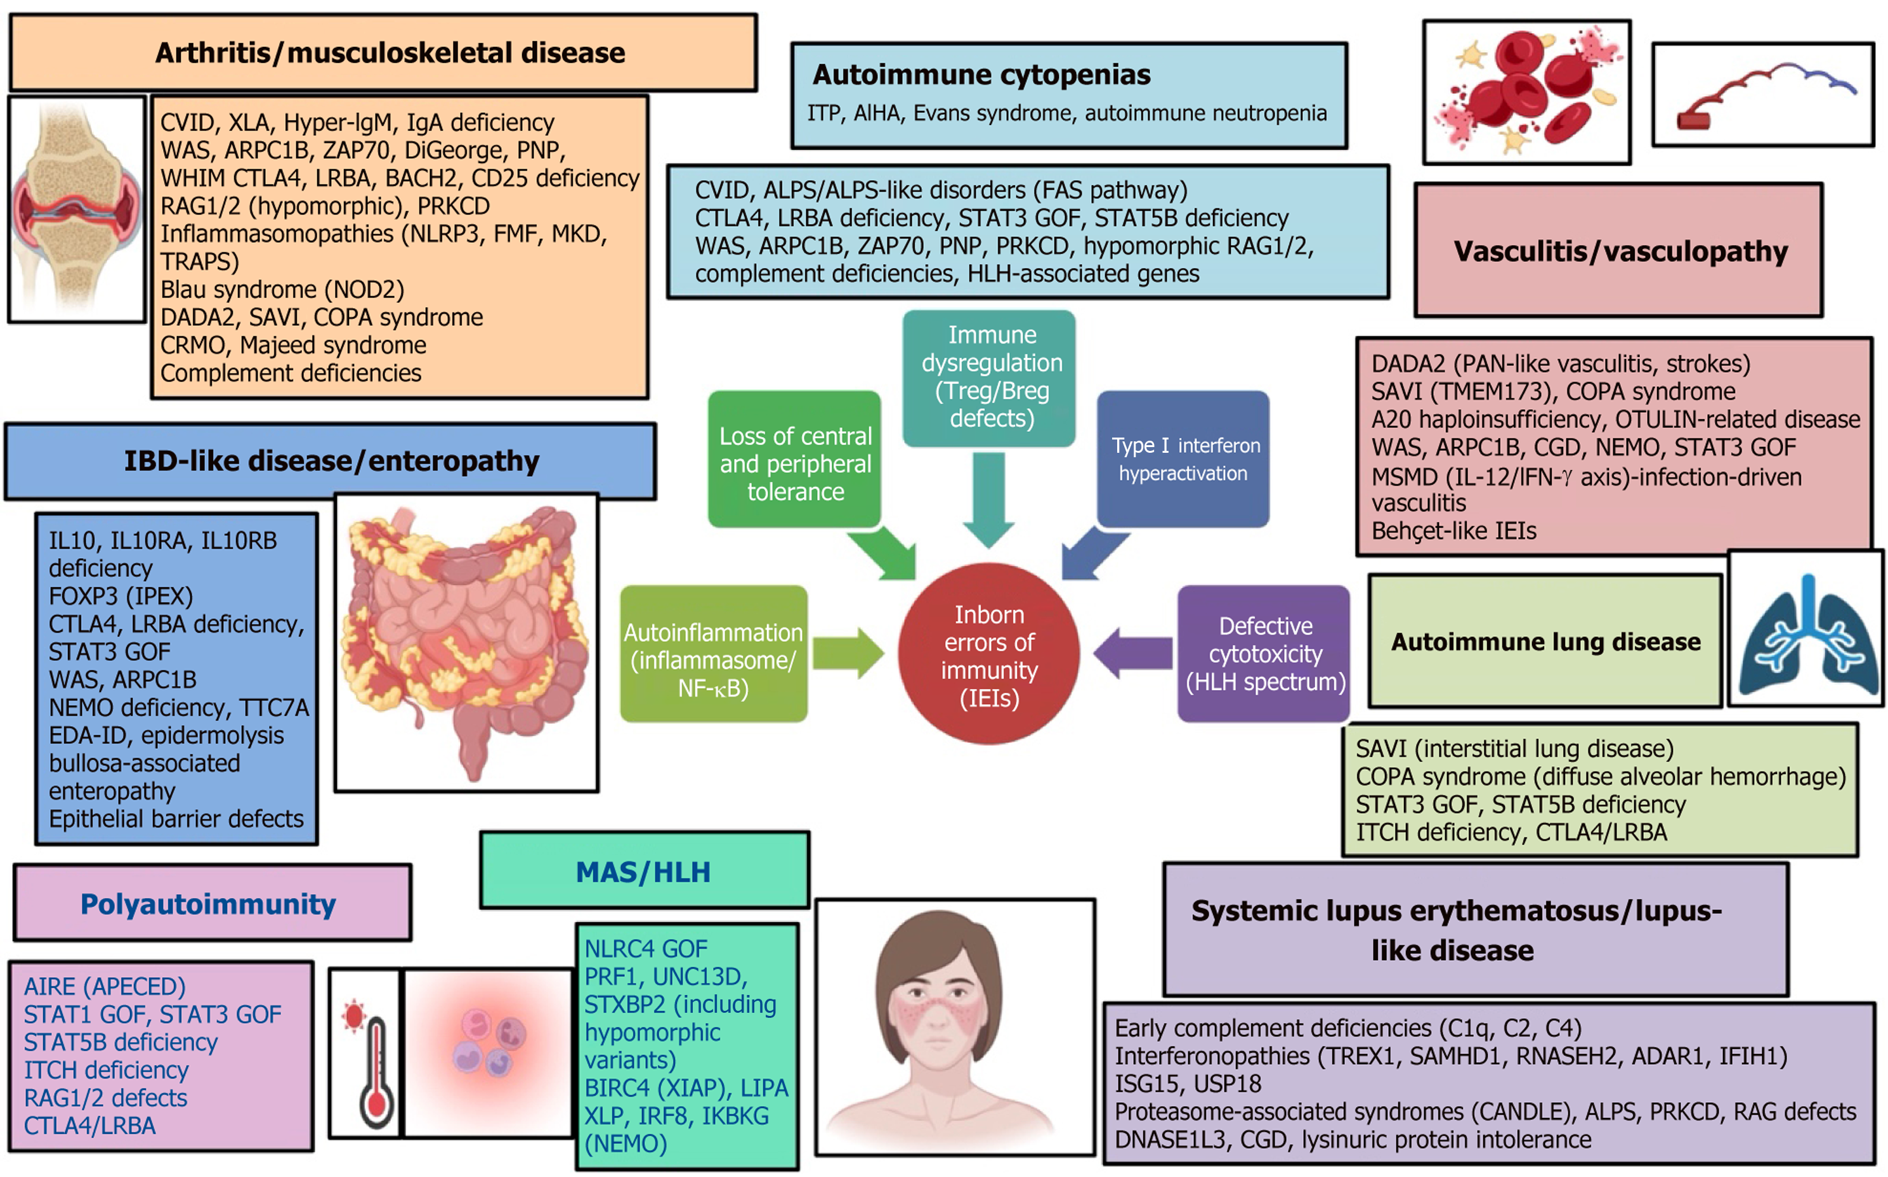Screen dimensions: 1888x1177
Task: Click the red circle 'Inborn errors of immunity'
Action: click(x=989, y=654)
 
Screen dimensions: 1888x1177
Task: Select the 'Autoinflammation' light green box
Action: click(x=713, y=654)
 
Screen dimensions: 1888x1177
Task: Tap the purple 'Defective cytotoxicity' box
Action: click(x=1264, y=654)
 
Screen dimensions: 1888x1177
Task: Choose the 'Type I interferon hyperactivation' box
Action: click(x=1183, y=459)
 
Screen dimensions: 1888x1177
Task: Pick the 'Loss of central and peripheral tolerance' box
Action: click(x=795, y=459)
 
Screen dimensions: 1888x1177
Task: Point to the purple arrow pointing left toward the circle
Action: click(x=1133, y=653)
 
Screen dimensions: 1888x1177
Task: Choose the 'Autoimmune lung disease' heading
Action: click(x=1545, y=641)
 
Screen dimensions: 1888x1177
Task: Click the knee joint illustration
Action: click(x=77, y=209)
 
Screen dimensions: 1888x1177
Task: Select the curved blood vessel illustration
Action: click(x=1764, y=96)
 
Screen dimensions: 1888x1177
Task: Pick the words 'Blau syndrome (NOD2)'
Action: click(x=282, y=290)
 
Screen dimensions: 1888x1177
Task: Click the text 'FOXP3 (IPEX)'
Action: click(x=121, y=596)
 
